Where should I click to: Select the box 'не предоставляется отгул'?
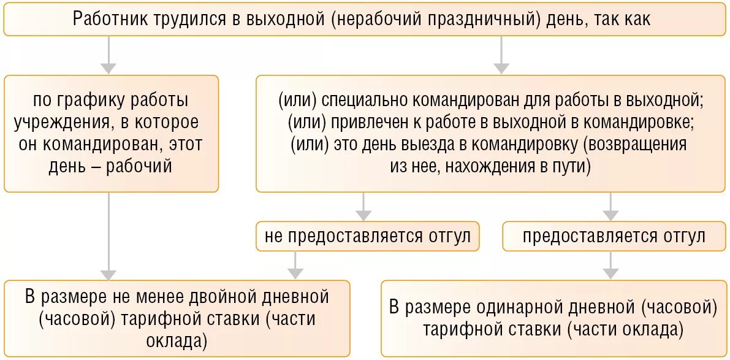point(368,236)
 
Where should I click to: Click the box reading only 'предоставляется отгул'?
point(614,236)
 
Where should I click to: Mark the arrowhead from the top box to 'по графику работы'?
point(108,67)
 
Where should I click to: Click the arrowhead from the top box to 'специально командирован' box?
point(501,67)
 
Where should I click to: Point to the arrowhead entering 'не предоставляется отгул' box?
point(363,215)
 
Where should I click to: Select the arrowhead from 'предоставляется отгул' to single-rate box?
point(610,273)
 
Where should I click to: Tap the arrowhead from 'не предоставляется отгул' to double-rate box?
point(296,273)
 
